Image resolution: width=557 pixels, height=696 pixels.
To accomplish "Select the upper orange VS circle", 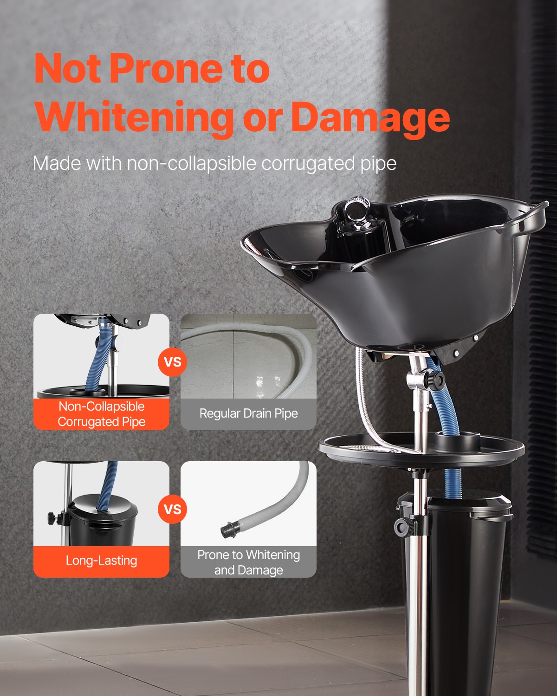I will pos(173,361).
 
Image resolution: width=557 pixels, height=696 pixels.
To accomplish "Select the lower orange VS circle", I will pos(173,509).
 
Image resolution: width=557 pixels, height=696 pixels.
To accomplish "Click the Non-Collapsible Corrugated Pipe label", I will pos(101,414).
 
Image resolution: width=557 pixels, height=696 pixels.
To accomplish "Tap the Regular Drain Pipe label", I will pos(248,413).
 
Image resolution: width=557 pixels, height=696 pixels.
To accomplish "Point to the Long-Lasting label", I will pos(101,561).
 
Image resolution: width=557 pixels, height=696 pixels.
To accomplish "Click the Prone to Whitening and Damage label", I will pos(248,562).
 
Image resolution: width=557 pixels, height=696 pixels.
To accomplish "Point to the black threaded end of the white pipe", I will pos(228,528).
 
